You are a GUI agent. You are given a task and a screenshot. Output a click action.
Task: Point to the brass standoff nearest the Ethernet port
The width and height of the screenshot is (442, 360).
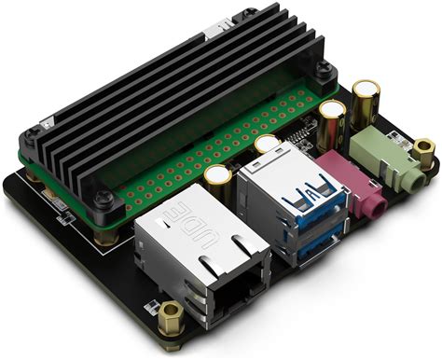point(172,317)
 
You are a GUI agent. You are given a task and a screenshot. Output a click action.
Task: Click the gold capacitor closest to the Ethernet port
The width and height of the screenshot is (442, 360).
point(218,178)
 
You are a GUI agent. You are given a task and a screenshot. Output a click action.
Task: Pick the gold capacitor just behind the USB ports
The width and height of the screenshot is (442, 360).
point(268,146)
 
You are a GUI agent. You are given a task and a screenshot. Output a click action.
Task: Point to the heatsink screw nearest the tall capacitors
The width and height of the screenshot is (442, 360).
point(322,71)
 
